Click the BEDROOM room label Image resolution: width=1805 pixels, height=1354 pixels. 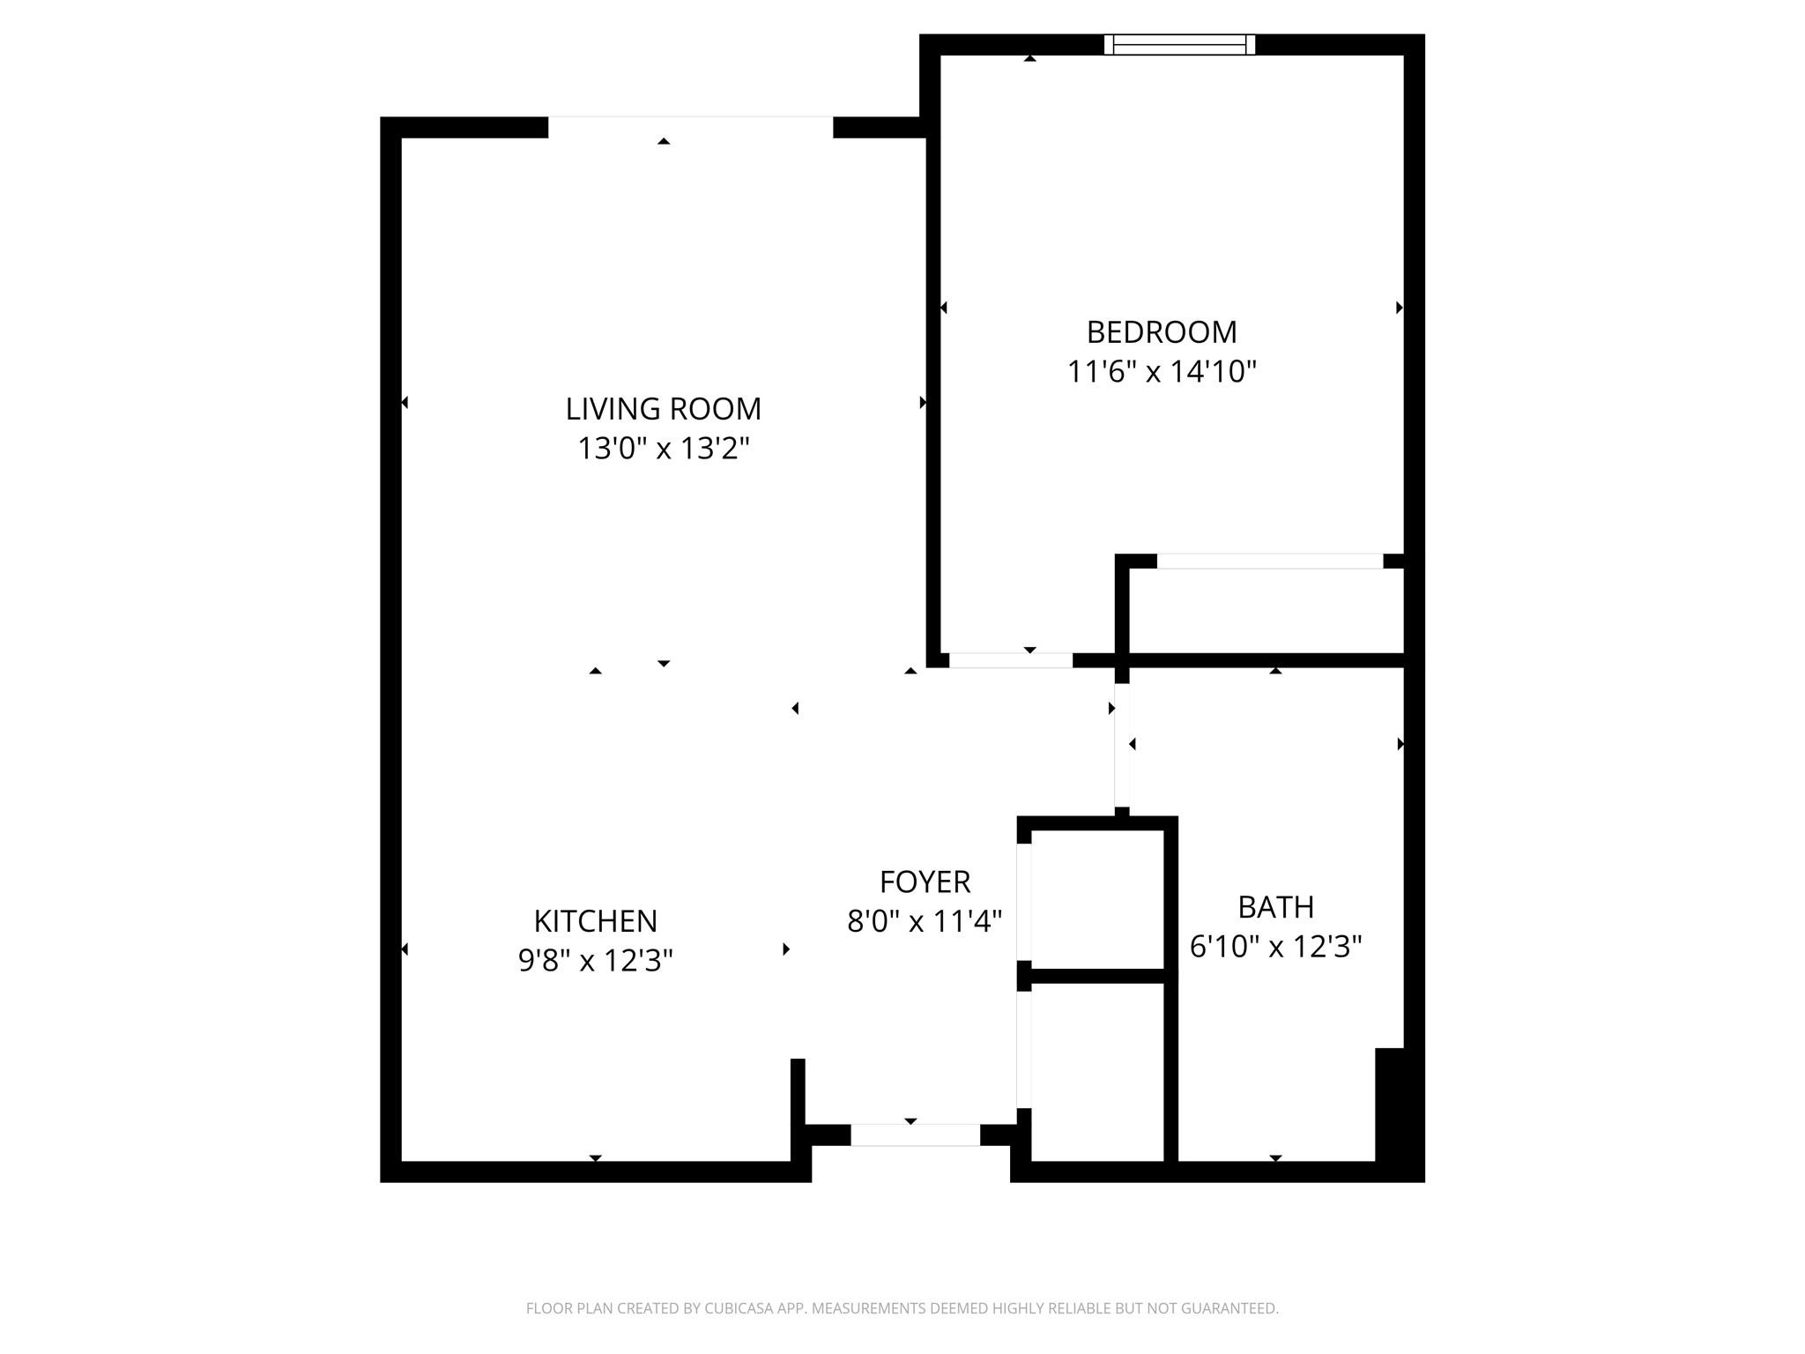point(1162,332)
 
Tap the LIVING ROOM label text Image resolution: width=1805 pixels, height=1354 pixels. point(663,409)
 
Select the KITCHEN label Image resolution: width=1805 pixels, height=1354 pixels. point(596,921)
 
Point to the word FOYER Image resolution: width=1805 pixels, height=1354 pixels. point(925,882)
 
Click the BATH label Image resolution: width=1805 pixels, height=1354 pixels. point(1275,907)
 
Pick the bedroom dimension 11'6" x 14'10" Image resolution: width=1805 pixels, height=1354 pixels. point(1162,372)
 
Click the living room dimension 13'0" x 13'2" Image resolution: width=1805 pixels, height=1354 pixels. point(663,449)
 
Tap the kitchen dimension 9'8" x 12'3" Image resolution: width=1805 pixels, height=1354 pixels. point(596,960)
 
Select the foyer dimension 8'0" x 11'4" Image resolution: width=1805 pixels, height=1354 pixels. point(925,922)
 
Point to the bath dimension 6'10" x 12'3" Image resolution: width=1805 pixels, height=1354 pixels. point(1275,947)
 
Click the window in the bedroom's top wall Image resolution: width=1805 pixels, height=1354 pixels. point(1179,45)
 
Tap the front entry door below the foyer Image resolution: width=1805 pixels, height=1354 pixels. point(915,1135)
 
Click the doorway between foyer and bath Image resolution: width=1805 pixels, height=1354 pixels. point(1122,745)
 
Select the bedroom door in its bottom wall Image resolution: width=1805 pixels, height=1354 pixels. point(1010,660)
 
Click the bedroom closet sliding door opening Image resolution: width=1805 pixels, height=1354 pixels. point(1269,562)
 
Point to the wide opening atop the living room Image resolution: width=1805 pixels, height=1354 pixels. point(690,127)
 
